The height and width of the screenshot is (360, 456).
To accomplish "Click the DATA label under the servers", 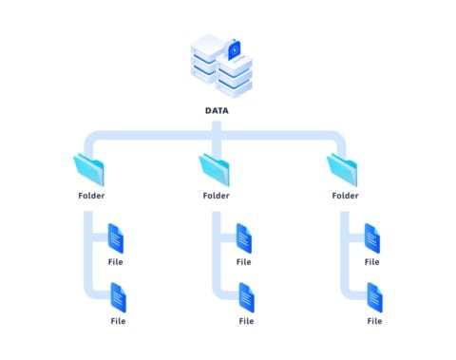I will [217, 110].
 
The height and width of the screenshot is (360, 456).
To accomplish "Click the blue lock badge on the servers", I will [235, 47].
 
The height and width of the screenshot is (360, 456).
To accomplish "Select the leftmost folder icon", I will [89, 170].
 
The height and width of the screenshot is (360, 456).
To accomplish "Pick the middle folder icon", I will [215, 170].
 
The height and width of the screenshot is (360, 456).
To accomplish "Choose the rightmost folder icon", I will [342, 170].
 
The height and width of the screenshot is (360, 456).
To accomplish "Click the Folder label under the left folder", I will [91, 196].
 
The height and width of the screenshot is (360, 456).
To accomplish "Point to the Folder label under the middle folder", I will [217, 196].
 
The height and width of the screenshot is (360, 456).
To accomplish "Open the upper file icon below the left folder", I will [117, 238].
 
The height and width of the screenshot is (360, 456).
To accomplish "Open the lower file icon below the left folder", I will [119, 297].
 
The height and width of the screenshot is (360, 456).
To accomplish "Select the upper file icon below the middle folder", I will [244, 238].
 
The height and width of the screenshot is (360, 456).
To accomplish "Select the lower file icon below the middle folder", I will [246, 297].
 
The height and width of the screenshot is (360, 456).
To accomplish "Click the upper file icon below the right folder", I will [371, 238].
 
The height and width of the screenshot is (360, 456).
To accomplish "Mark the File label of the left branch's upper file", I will [116, 261].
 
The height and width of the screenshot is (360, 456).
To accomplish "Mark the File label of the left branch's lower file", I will [119, 321].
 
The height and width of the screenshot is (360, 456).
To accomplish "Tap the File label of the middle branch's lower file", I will [246, 321].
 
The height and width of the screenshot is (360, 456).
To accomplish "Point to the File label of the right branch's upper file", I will [371, 261].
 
